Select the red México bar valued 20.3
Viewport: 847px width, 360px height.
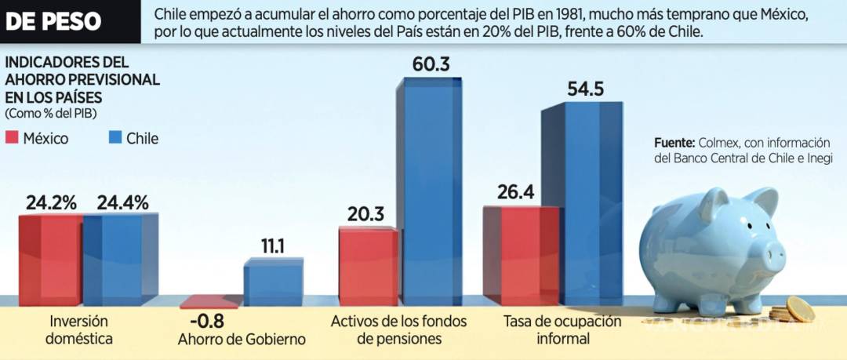point(368,266)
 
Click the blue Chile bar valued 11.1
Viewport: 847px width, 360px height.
point(273,282)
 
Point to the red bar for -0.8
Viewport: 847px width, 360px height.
point(211,301)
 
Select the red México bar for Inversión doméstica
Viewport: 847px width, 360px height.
point(50,259)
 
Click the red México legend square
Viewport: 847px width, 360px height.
point(13,138)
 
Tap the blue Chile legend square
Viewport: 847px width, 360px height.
point(113,138)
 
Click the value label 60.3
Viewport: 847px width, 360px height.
point(431,64)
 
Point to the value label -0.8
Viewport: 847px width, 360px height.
point(205,320)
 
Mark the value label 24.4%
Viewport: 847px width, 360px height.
point(122,202)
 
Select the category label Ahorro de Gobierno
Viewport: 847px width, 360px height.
point(241,340)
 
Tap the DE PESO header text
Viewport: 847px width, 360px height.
point(53,21)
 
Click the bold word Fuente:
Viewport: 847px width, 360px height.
point(674,143)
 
